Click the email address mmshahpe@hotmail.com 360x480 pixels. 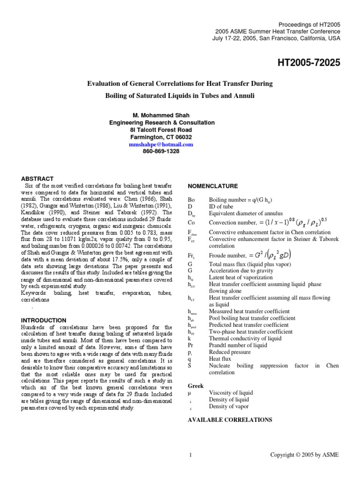(x=161, y=145)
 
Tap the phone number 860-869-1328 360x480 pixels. (x=161, y=152)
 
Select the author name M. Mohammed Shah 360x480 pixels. (x=161, y=115)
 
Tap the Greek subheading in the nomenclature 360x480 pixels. (x=195, y=386)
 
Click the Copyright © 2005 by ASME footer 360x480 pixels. (x=305, y=454)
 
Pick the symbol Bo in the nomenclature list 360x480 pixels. (x=191, y=199)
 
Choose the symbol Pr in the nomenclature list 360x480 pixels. (x=191, y=345)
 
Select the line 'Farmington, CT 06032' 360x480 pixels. (x=161, y=137)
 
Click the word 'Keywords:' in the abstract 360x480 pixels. (x=36, y=292)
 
